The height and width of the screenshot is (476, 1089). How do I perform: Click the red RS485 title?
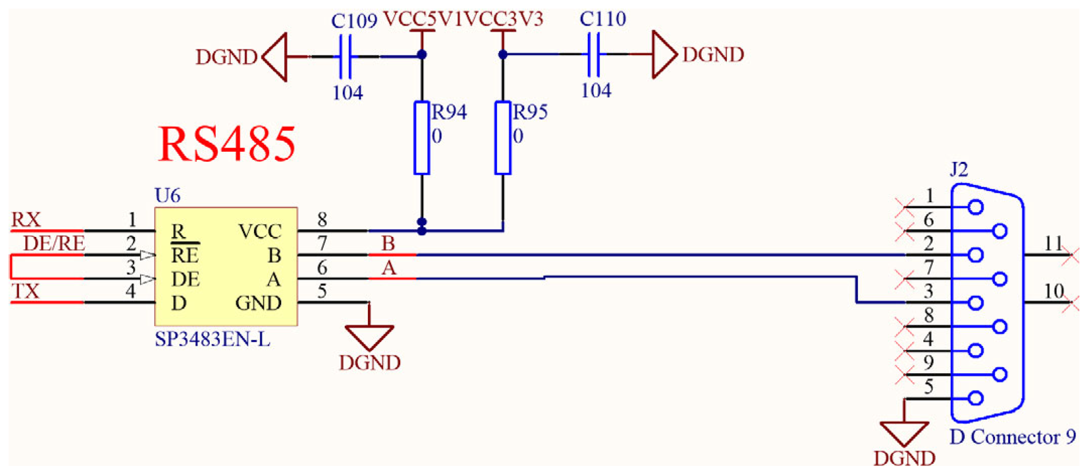coord(227,144)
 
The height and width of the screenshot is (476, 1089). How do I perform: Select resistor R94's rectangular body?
coord(421,138)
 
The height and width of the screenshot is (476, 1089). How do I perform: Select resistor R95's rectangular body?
coord(503,138)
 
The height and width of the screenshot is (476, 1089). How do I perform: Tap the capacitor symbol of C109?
coord(345,56)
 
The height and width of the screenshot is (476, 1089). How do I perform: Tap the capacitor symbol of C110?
coord(593,54)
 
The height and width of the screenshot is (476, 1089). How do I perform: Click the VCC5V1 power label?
coord(422,19)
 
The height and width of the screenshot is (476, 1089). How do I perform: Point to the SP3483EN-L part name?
coord(212,339)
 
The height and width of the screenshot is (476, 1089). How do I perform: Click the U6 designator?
coord(167,196)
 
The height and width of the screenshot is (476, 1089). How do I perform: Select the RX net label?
coord(26,219)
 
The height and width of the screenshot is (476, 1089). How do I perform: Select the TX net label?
coord(25,291)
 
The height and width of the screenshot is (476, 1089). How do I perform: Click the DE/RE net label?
coord(54,244)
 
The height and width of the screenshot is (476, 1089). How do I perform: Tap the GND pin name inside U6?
coord(258,303)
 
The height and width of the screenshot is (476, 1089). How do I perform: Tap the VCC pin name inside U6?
coord(260,231)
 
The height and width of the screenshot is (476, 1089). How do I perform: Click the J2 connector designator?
coord(958,169)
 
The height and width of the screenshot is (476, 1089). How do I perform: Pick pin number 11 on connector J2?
coord(1054,244)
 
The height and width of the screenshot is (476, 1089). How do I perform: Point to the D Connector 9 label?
coord(1012,437)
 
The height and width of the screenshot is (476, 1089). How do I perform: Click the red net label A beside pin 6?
coord(388,268)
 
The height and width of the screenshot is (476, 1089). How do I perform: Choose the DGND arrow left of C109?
coord(275,57)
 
